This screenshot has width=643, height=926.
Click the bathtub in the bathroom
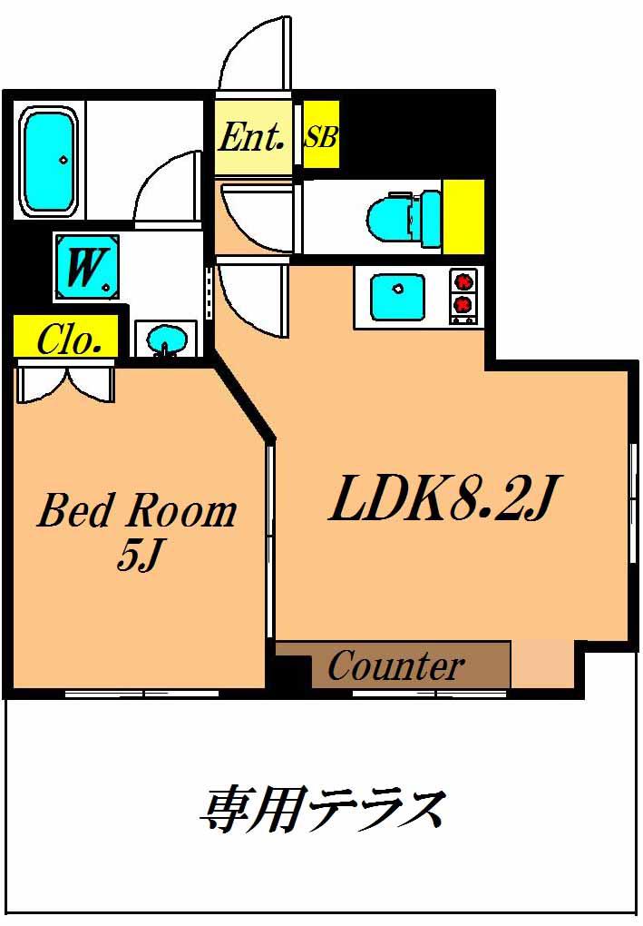click(49, 162)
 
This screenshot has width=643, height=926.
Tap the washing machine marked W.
click(87, 267)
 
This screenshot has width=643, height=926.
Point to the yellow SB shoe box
click(321, 134)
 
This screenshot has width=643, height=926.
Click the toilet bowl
click(404, 219)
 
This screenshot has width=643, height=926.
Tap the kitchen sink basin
click(397, 297)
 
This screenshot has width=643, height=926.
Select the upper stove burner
click(463, 280)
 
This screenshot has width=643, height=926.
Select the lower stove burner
click(463, 305)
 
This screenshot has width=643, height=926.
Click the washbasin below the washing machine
click(166, 340)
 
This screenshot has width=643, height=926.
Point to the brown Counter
click(393, 665)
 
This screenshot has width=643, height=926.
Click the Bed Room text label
click(138, 511)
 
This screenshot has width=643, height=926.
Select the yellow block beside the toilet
click(463, 217)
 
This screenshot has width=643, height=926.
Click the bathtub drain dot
click(63, 159)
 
